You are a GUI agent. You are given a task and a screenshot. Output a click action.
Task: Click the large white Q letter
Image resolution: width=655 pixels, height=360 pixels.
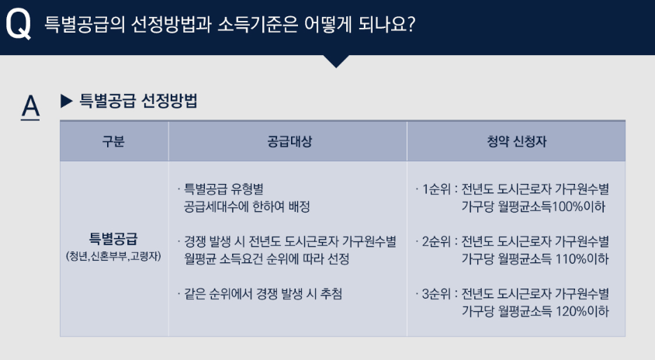(18, 25)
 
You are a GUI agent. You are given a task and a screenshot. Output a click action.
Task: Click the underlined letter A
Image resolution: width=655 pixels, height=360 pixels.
(30, 106)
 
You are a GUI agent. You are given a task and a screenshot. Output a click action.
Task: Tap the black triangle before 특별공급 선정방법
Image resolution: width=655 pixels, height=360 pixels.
(66, 100)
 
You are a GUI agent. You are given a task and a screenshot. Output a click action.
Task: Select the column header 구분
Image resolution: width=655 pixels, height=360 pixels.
(113, 142)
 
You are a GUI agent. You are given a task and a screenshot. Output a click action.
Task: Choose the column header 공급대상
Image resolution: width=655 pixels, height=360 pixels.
(287, 142)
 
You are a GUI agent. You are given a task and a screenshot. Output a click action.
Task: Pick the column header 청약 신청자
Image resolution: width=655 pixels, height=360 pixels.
(515, 142)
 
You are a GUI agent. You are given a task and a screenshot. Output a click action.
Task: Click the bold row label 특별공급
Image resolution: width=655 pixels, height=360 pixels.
(113, 237)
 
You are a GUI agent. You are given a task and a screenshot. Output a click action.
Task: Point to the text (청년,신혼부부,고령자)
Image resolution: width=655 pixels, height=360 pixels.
(113, 256)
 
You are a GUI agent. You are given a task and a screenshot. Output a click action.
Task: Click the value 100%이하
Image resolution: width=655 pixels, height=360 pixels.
(577, 207)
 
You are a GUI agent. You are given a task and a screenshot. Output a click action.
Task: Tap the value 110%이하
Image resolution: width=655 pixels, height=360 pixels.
(581, 258)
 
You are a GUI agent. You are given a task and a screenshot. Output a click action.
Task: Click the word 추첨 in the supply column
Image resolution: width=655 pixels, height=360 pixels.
(331, 294)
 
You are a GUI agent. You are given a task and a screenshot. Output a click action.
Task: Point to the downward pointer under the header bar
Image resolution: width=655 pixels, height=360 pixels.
(336, 61)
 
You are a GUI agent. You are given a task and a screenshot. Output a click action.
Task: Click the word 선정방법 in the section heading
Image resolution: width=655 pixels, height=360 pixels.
(170, 100)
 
